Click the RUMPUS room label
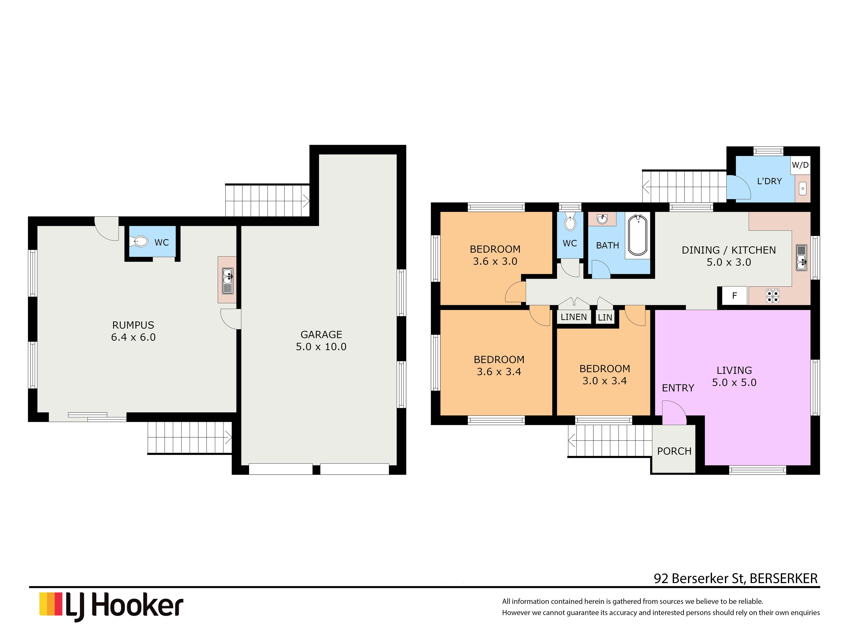point(133,325)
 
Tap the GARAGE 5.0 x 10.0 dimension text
point(321,347)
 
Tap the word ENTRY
point(678,388)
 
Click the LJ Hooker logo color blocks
point(51,604)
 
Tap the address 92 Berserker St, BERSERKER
point(736,578)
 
